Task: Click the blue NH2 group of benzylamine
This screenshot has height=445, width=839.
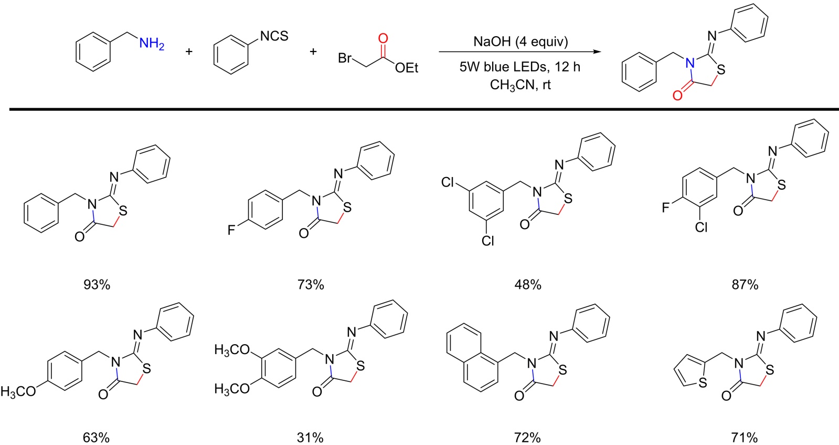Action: pyautogui.click(x=151, y=44)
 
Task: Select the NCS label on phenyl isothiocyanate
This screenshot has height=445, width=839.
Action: pyautogui.click(x=274, y=36)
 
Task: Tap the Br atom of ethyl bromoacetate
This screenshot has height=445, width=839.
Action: pyautogui.click(x=345, y=58)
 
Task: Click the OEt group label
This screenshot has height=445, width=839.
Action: pyautogui.click(x=407, y=68)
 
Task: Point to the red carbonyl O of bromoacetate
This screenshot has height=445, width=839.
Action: pyautogui.click(x=383, y=38)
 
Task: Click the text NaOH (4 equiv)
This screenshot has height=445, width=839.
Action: pyautogui.click(x=521, y=42)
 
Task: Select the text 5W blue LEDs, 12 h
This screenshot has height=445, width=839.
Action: pyautogui.click(x=520, y=67)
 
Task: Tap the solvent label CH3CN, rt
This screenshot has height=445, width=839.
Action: pyautogui.click(x=520, y=85)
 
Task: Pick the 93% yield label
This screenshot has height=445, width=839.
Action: pyautogui.click(x=97, y=285)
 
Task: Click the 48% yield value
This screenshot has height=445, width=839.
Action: pyautogui.click(x=527, y=285)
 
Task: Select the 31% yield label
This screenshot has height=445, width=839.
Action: pyautogui.click(x=310, y=437)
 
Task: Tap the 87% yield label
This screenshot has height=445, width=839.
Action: pyautogui.click(x=745, y=285)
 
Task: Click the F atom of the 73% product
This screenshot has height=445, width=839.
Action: pyautogui.click(x=231, y=230)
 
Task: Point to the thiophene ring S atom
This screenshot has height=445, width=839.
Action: pyautogui.click(x=703, y=384)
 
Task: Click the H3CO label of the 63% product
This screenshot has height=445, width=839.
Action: pyautogui.click(x=18, y=391)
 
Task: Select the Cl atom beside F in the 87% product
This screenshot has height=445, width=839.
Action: pyautogui.click(x=702, y=227)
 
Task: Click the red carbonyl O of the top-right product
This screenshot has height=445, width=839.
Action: pyautogui.click(x=677, y=96)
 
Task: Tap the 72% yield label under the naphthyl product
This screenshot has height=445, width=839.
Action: pyautogui.click(x=527, y=437)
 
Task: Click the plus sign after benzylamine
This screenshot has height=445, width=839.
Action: pyautogui.click(x=189, y=51)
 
